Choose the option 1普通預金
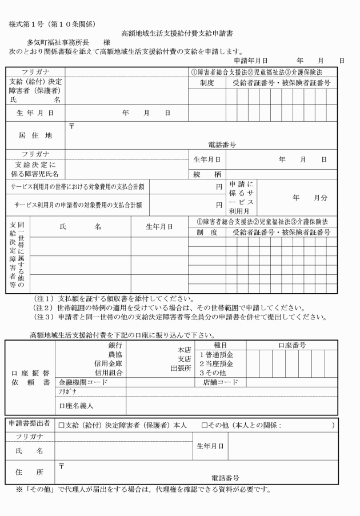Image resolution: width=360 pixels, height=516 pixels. click(217, 354)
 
